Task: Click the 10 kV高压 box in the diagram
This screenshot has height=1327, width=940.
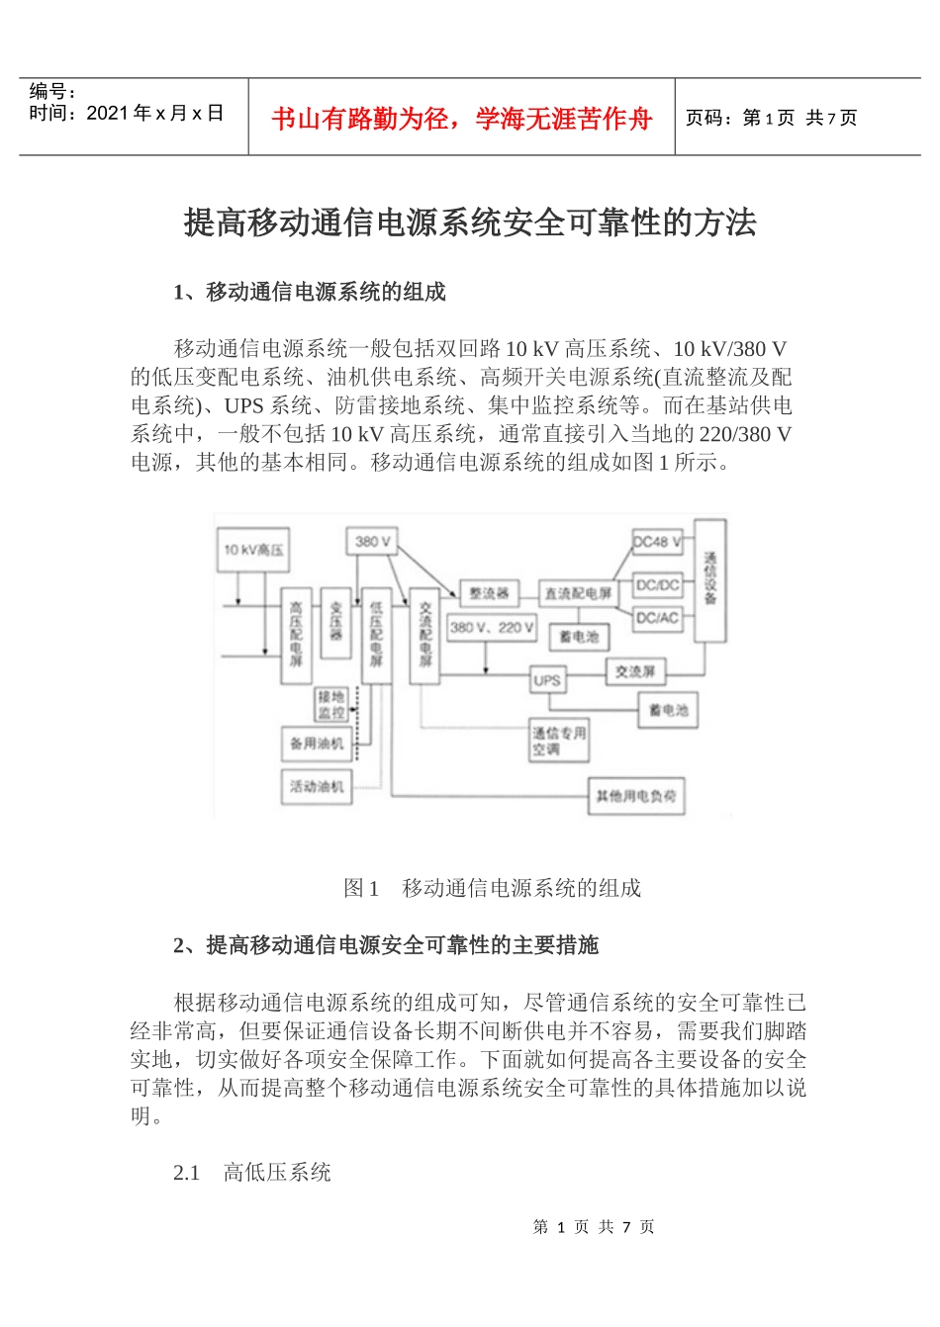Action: click(253, 549)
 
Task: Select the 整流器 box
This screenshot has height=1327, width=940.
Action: click(488, 593)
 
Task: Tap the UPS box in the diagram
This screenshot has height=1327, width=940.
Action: click(547, 680)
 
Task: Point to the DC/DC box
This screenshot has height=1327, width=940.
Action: click(658, 585)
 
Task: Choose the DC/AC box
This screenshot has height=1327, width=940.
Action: click(658, 618)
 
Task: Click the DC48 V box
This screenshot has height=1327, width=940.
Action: click(658, 542)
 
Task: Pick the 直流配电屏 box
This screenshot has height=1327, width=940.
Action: click(578, 593)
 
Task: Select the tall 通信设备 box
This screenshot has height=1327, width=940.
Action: click(709, 580)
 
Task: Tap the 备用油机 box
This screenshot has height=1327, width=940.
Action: click(317, 744)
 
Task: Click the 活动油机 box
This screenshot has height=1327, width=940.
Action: click(317, 787)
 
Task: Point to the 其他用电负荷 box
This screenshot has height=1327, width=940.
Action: click(636, 796)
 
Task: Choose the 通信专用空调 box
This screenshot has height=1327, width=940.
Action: click(559, 741)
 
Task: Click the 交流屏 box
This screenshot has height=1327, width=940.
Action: click(635, 671)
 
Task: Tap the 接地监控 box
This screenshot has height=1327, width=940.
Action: click(331, 704)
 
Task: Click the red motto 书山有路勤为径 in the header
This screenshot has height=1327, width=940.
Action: click(461, 119)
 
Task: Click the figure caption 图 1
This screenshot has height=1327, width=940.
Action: click(361, 888)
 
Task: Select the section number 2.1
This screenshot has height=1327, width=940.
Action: click(187, 1173)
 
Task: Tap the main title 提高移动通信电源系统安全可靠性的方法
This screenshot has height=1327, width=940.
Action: click(470, 222)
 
